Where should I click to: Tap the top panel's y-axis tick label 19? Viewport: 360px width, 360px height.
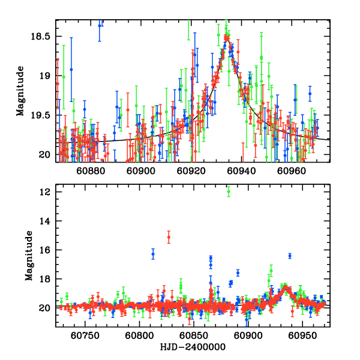tap(46, 76)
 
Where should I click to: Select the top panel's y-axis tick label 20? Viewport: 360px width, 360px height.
tap(46, 155)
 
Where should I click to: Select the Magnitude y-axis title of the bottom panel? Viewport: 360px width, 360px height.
tap(29, 256)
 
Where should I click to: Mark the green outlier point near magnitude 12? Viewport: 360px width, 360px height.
tap(229, 191)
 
